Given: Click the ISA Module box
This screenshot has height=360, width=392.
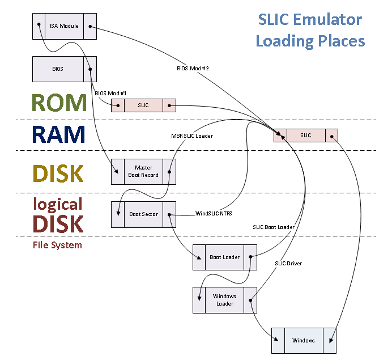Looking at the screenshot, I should tap(65, 26).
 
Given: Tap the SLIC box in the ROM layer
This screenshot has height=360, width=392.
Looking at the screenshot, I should tap(143, 105).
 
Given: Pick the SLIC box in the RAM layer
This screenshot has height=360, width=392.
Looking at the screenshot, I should tap(306, 135).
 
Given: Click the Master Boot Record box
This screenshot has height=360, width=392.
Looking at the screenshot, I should tap(143, 171).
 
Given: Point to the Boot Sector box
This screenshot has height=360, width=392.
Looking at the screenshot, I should tap(143, 214).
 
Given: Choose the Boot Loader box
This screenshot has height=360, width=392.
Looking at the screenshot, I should tap(225, 257).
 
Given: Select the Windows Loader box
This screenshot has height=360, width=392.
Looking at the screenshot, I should tap(225, 300).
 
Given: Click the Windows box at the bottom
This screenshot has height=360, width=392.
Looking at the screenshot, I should tap(304, 340).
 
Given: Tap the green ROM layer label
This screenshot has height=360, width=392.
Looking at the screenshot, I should tap(59, 103).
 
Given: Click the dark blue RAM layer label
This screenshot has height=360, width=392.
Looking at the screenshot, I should tap(59, 135).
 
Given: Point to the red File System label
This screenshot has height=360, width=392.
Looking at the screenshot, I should tap(57, 245).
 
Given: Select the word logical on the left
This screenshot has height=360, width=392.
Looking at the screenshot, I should tap(58, 204).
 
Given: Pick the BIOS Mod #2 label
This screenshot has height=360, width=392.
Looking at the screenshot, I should tap(193, 69).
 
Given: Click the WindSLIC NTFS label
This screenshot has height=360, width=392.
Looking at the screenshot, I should tap(213, 213).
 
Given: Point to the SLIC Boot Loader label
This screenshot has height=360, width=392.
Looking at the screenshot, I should tap(274, 227).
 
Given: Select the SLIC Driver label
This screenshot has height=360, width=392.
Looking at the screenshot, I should tap(288, 264).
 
